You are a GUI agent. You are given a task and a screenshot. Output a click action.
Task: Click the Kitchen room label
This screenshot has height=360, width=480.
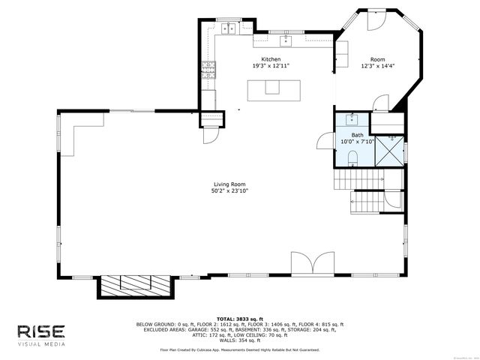[271, 58]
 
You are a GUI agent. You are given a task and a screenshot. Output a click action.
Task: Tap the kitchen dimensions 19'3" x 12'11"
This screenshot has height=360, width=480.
[271, 66]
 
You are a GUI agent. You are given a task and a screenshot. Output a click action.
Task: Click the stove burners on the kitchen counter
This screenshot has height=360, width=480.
[208, 71]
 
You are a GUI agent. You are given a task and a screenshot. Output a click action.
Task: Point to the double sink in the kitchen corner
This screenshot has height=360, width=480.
[228, 29]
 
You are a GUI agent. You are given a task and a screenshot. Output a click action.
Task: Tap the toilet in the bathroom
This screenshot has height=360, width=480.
[352, 156]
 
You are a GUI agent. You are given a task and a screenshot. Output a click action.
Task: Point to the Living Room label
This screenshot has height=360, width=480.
[229, 184]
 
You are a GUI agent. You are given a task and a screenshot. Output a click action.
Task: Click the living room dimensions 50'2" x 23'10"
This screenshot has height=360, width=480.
[229, 191]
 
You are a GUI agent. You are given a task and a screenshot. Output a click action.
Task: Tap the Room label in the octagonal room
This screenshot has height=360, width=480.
[377, 58]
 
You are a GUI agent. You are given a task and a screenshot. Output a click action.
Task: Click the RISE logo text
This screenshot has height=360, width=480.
[42, 331]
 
